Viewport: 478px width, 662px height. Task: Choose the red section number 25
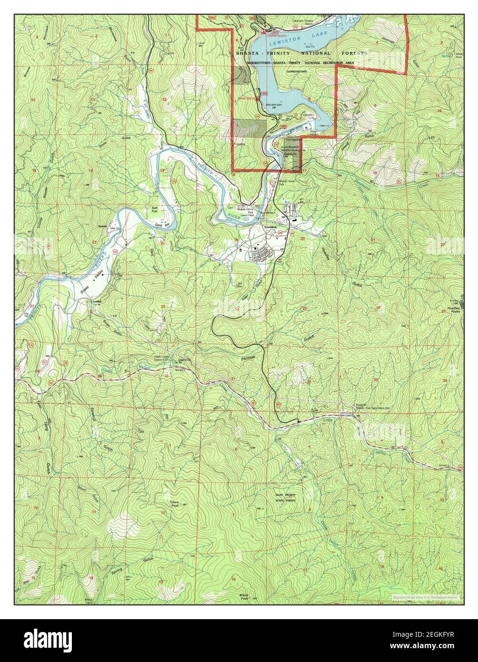(163, 306)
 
